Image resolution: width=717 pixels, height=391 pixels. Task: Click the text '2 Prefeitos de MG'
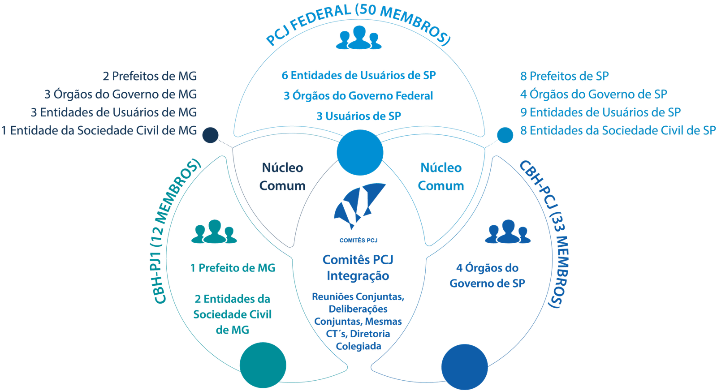pyautogui.click(x=150, y=76)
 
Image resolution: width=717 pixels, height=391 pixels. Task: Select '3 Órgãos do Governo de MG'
pyautogui.click(x=121, y=95)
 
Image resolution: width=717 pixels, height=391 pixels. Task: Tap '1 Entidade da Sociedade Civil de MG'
pyautogui.click(x=99, y=130)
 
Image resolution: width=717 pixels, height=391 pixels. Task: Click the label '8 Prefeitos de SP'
pyautogui.click(x=564, y=76)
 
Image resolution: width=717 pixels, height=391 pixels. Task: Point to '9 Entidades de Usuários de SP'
pyautogui.click(x=600, y=112)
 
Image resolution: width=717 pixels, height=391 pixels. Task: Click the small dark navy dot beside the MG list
pyautogui.click(x=210, y=135)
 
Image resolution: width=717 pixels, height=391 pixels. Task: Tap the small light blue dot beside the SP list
pyautogui.click(x=505, y=135)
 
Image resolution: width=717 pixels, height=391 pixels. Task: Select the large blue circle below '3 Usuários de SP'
pyautogui.click(x=360, y=152)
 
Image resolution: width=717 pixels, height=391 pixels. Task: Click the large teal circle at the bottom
pyautogui.click(x=263, y=365)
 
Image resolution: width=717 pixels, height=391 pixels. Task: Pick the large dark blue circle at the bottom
pyautogui.click(x=465, y=366)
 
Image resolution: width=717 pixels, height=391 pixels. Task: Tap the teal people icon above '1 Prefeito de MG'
pyautogui.click(x=213, y=231)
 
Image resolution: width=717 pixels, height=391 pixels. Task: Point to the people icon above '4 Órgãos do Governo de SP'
pyautogui.click(x=508, y=231)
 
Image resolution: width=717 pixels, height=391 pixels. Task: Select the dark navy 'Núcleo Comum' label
pyautogui.click(x=282, y=177)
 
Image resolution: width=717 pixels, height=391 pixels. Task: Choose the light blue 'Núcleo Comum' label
pyautogui.click(x=441, y=177)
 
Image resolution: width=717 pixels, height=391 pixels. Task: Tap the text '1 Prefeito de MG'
pyautogui.click(x=233, y=268)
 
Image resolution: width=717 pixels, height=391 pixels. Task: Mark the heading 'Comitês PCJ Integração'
pyautogui.click(x=358, y=267)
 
